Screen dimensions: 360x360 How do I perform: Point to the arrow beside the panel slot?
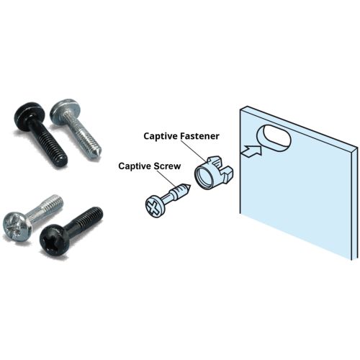(x=251, y=151)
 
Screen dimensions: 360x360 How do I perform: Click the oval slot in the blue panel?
(x=274, y=138)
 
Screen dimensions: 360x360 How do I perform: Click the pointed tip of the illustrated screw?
(x=190, y=186)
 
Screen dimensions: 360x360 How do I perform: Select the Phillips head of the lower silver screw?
(x=17, y=225)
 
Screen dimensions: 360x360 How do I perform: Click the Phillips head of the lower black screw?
(x=55, y=240)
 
